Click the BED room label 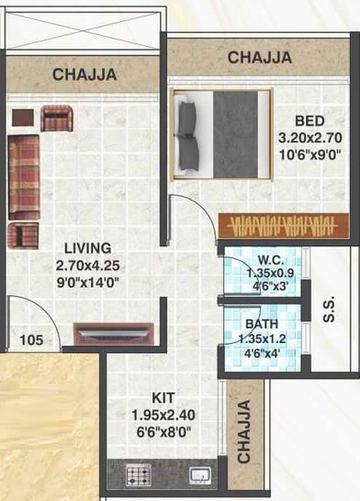[x=308, y=120]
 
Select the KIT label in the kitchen [x=164, y=398]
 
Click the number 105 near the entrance [x=31, y=339]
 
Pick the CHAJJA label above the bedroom [x=260, y=58]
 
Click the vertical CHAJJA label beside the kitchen [x=244, y=430]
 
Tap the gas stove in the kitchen [x=137, y=477]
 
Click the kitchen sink [x=200, y=476]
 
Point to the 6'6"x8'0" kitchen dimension [x=164, y=430]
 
